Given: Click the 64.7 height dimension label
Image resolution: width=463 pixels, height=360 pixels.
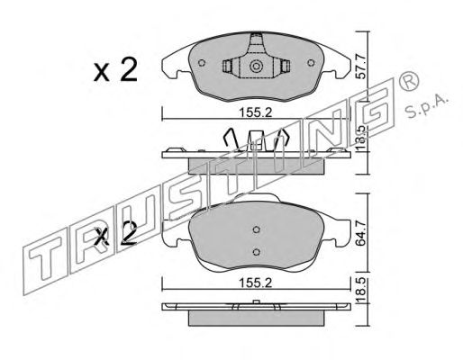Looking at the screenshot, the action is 360,233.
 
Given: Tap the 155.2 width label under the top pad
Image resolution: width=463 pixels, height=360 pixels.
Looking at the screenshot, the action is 256,113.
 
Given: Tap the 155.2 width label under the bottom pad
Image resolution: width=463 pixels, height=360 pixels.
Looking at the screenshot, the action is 256,283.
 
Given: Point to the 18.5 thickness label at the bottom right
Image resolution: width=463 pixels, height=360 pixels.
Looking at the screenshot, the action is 360,291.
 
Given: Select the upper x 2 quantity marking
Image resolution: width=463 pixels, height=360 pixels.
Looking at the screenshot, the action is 115,70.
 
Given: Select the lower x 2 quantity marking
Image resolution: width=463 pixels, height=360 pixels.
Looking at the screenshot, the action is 115,235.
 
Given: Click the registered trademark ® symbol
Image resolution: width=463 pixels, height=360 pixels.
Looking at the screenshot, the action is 409,81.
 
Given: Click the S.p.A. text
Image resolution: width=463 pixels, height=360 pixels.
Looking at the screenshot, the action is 426,107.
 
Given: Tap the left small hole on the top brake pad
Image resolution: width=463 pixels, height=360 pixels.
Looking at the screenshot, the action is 202,63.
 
